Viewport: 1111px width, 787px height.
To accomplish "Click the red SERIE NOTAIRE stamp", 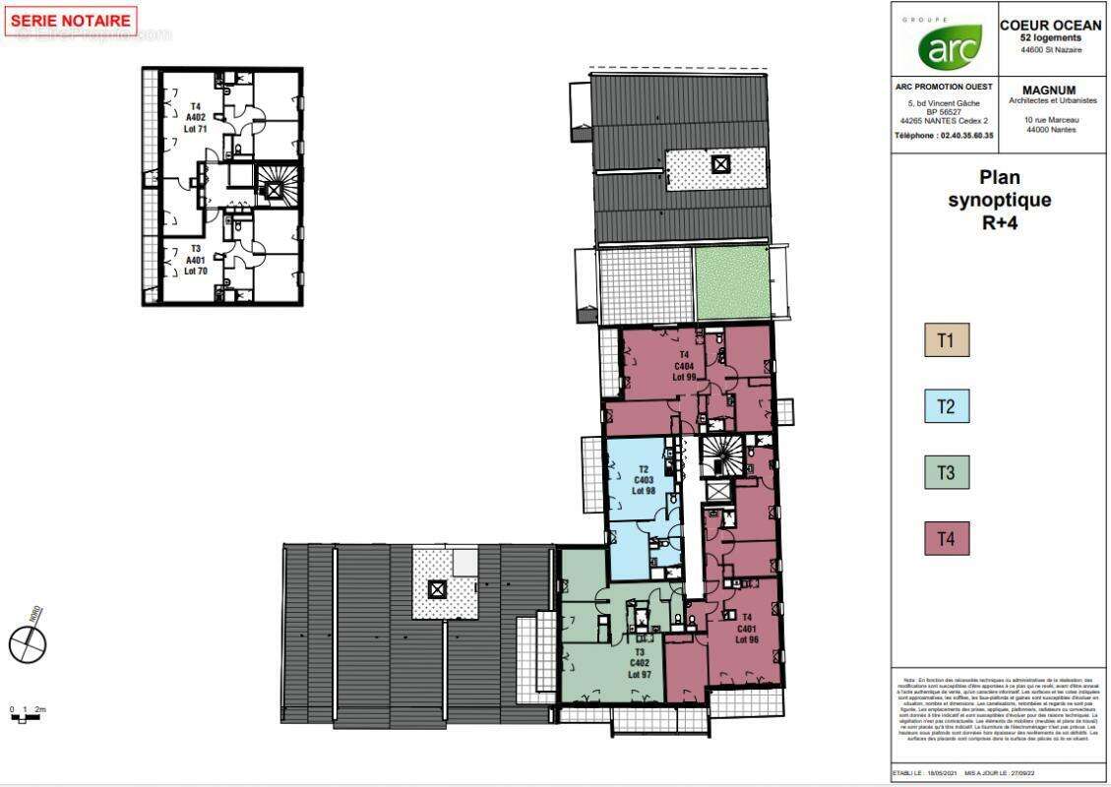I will point(71,21).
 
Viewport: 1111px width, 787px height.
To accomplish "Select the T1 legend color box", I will point(946,341).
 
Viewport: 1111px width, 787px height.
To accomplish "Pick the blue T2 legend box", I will point(946,407).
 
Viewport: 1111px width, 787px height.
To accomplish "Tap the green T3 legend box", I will point(946,473).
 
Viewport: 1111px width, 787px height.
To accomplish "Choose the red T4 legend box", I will point(946,539).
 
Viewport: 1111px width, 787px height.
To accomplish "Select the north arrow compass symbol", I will point(28,642).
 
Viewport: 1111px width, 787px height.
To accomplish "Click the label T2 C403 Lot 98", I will point(644,480).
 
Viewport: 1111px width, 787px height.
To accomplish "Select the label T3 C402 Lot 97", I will point(640,662).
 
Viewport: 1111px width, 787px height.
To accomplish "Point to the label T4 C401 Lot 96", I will point(746,628).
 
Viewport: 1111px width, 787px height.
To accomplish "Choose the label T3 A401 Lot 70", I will point(195,260).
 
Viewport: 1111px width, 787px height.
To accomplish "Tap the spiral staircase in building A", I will point(272,183).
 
